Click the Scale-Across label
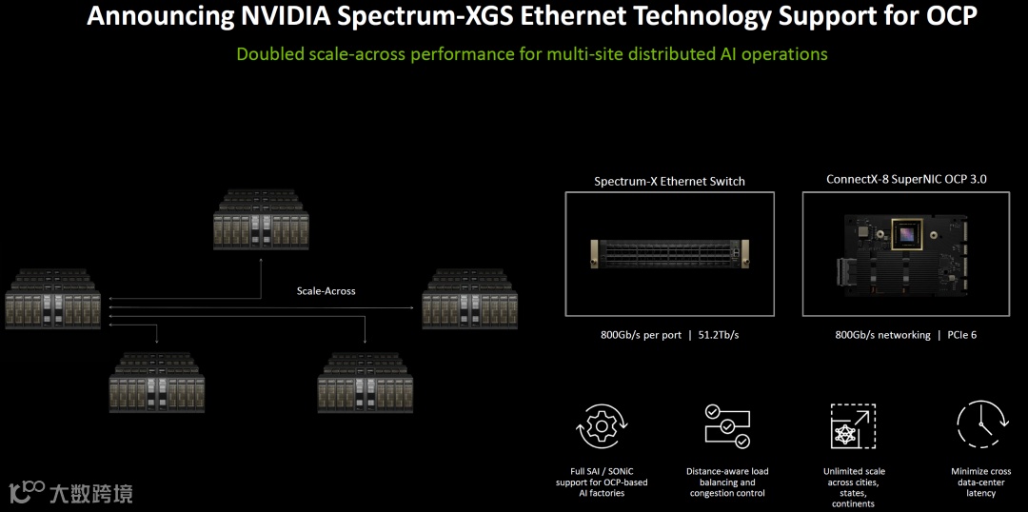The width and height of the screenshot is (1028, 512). (x=326, y=290)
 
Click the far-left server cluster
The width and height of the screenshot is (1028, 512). (x=52, y=299)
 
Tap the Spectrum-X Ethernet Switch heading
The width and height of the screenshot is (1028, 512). (x=669, y=181)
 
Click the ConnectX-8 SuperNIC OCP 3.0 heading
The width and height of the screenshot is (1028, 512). (x=906, y=179)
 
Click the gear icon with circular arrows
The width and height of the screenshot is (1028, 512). (x=601, y=426)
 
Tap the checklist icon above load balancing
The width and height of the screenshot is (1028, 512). (x=726, y=426)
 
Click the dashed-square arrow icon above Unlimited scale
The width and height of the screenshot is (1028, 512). (x=853, y=425)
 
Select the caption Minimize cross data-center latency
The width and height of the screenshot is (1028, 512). (x=980, y=482)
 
